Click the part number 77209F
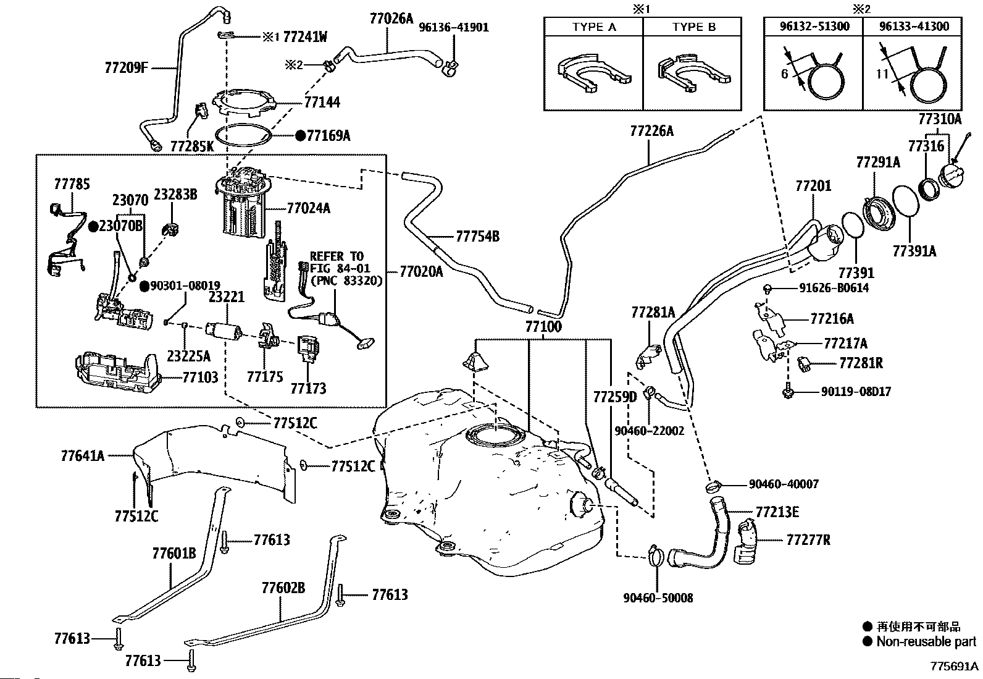[x=127, y=67]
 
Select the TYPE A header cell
[x=594, y=27]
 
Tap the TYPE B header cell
[x=693, y=27]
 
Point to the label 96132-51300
[x=814, y=27]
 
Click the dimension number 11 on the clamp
[x=882, y=74]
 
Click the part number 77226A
[x=651, y=131]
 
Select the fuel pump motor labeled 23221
[x=224, y=331]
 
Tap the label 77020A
[x=421, y=272]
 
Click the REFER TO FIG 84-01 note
[x=346, y=268]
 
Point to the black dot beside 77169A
[x=300, y=136]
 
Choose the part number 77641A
[x=83, y=456]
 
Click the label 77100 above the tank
[x=543, y=327]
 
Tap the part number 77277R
[x=808, y=540]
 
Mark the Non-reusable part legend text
[x=926, y=642]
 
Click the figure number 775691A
[x=954, y=666]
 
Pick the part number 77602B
[x=283, y=588]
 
